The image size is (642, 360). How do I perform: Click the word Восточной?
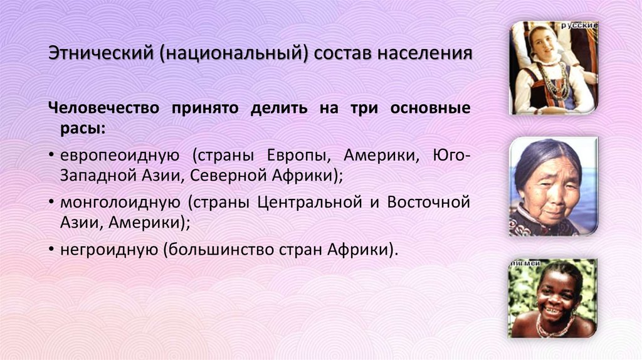428,203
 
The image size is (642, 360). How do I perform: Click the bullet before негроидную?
51,250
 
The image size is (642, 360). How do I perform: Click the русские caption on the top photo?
579,25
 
